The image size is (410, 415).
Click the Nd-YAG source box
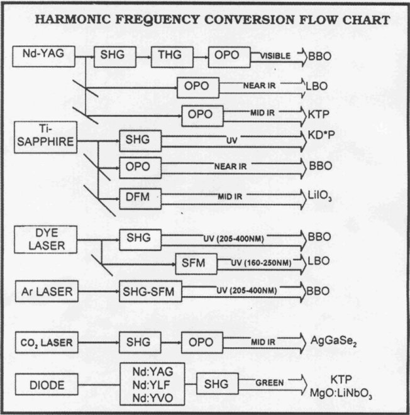(x=44, y=56)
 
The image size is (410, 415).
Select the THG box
(x=170, y=57)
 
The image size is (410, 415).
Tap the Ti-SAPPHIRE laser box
(x=44, y=137)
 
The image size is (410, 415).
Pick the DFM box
(x=139, y=197)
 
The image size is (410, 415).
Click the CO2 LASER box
(x=45, y=343)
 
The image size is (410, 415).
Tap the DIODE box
(x=46, y=383)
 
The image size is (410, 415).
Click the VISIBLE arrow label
(x=275, y=56)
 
